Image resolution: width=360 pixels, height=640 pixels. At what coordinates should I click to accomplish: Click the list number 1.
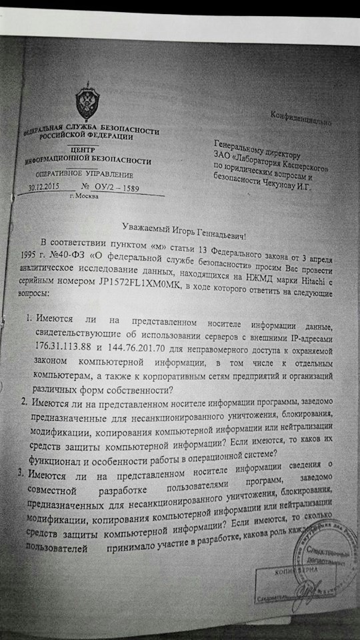[x=30, y=321]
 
